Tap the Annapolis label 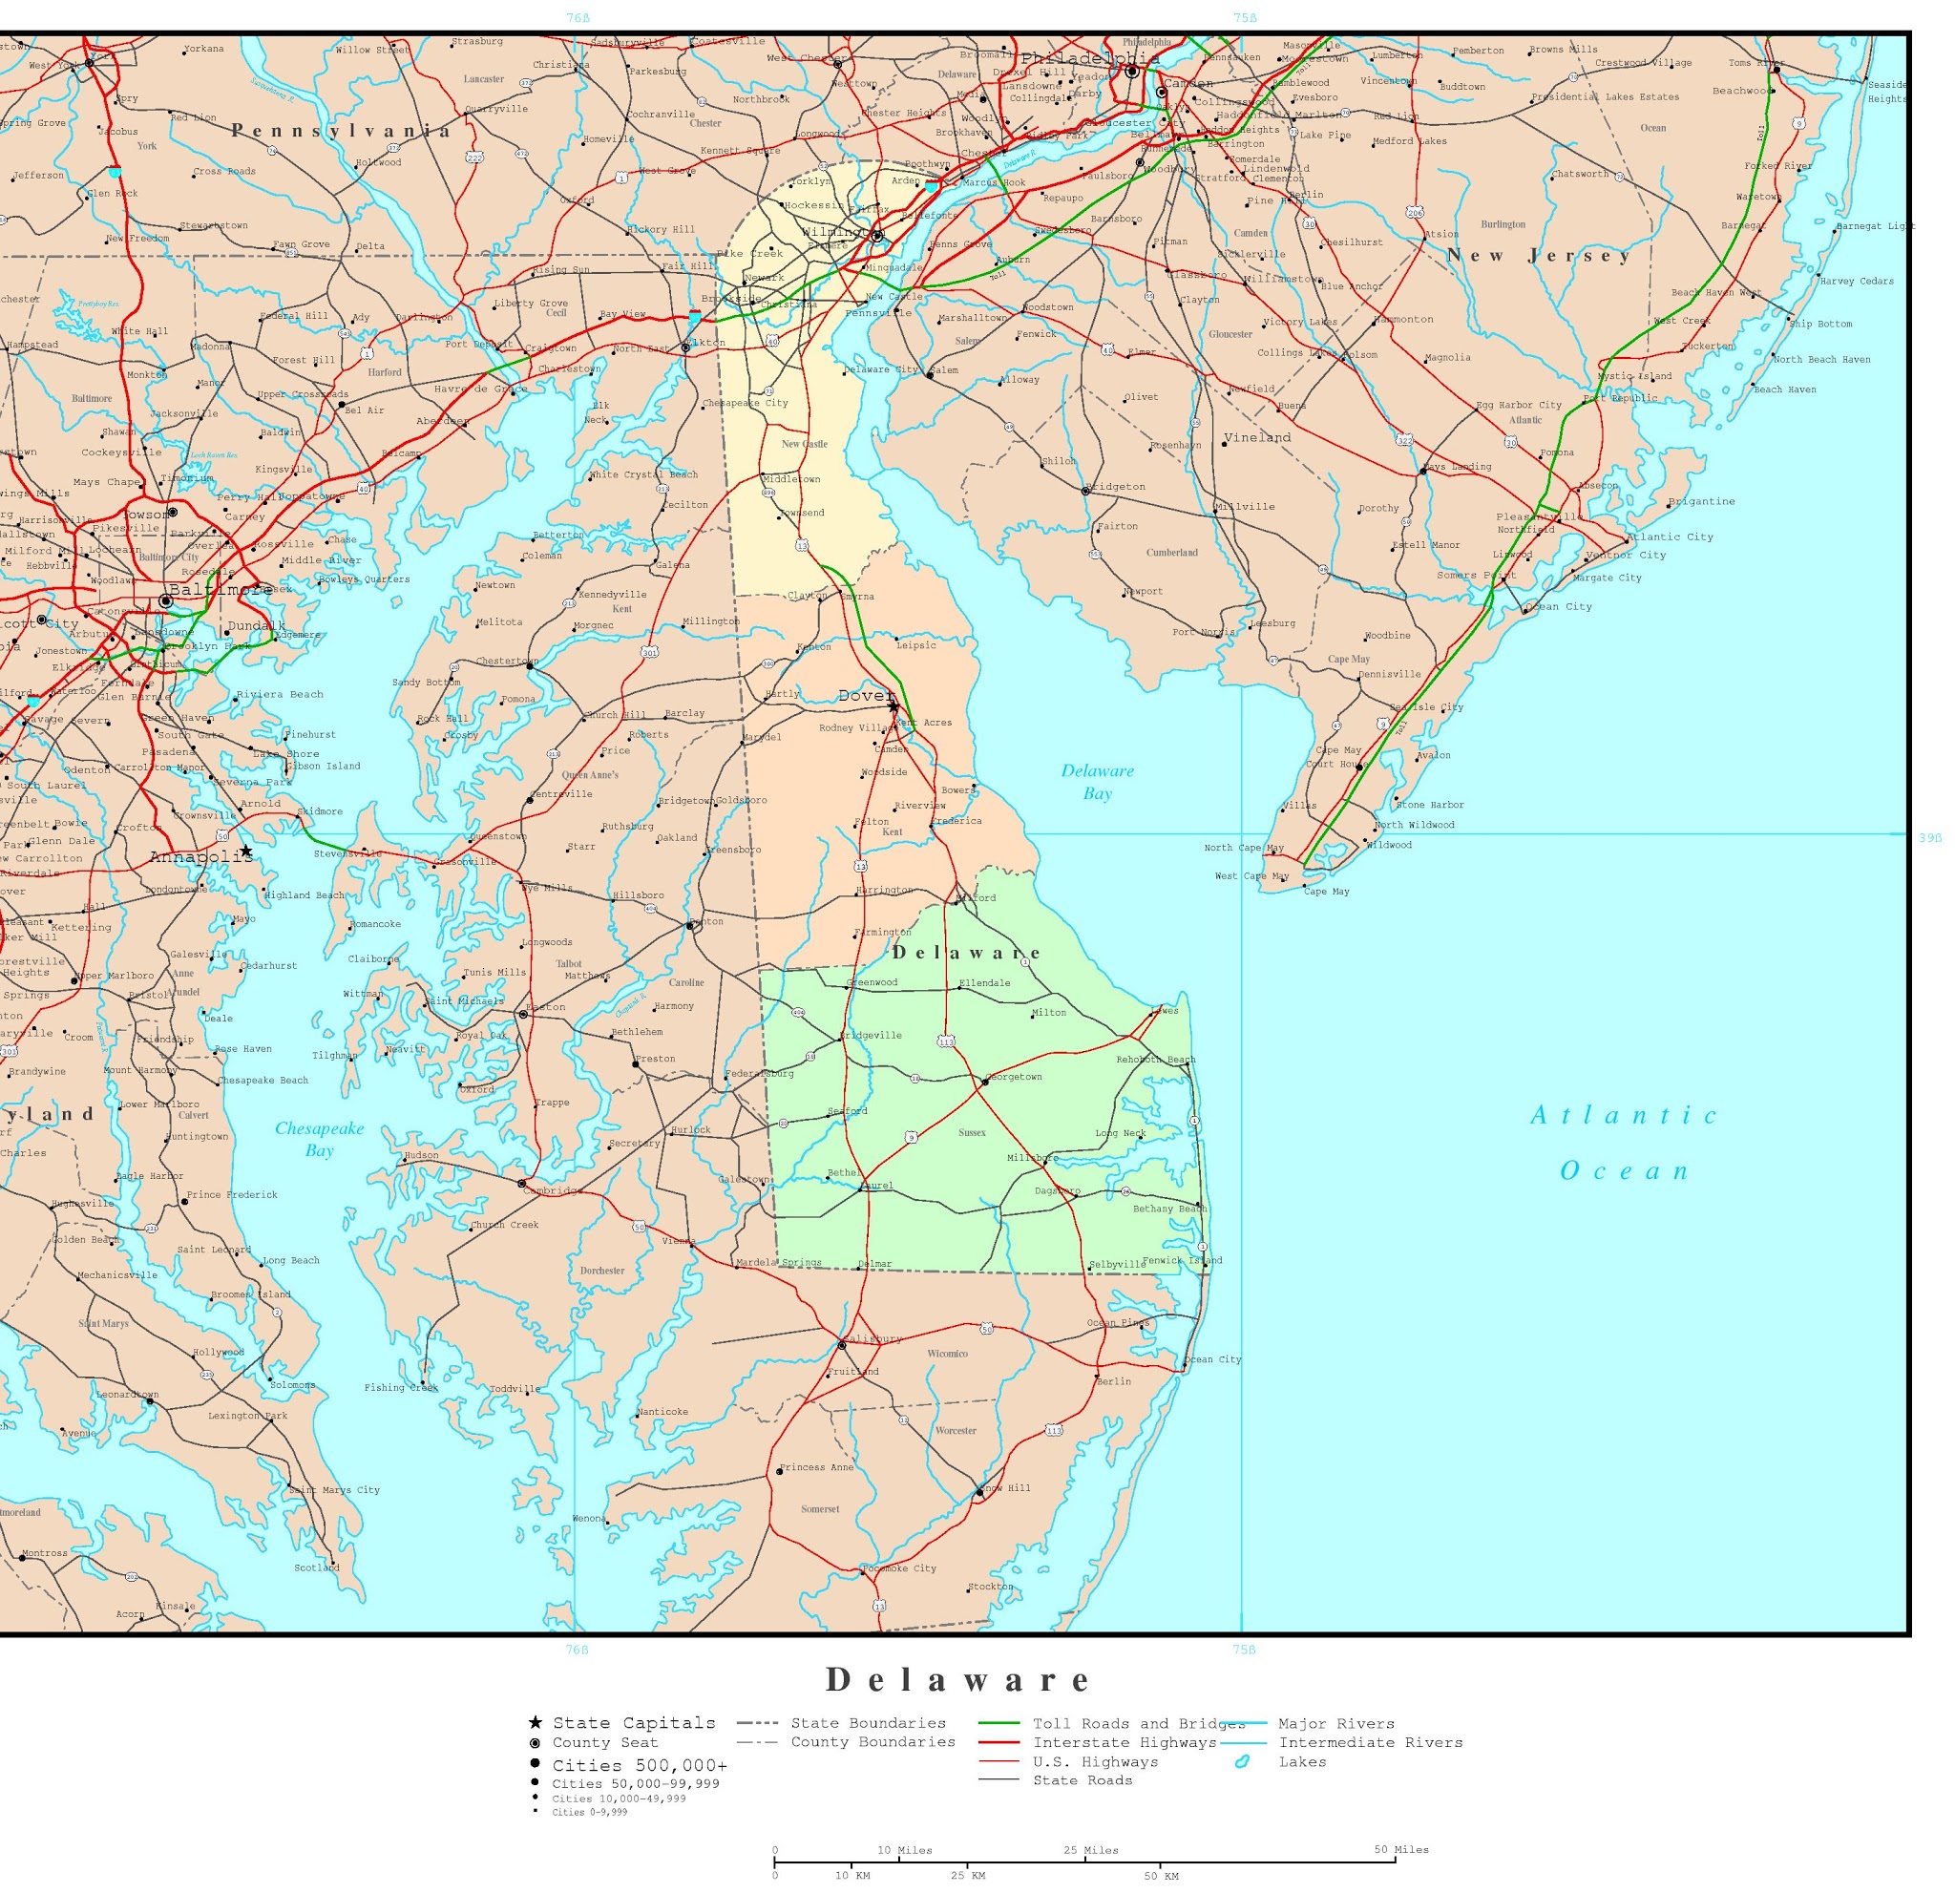pos(200,856)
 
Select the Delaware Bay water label pos(1097,782)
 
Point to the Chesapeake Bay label pos(319,1139)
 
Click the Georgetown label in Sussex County pos(1016,1076)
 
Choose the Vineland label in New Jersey pos(1258,437)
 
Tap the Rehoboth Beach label pos(1156,1060)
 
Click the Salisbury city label pos(873,1338)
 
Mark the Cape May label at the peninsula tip pos(1327,891)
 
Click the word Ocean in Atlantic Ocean pos(1625,1171)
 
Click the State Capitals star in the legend pos(536,1722)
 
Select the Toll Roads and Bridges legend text pos(1138,1723)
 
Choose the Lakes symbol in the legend pos(1242,1761)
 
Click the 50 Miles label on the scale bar pos(1401,1849)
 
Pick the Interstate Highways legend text pos(1125,1742)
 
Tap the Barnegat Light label pos(1875,226)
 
